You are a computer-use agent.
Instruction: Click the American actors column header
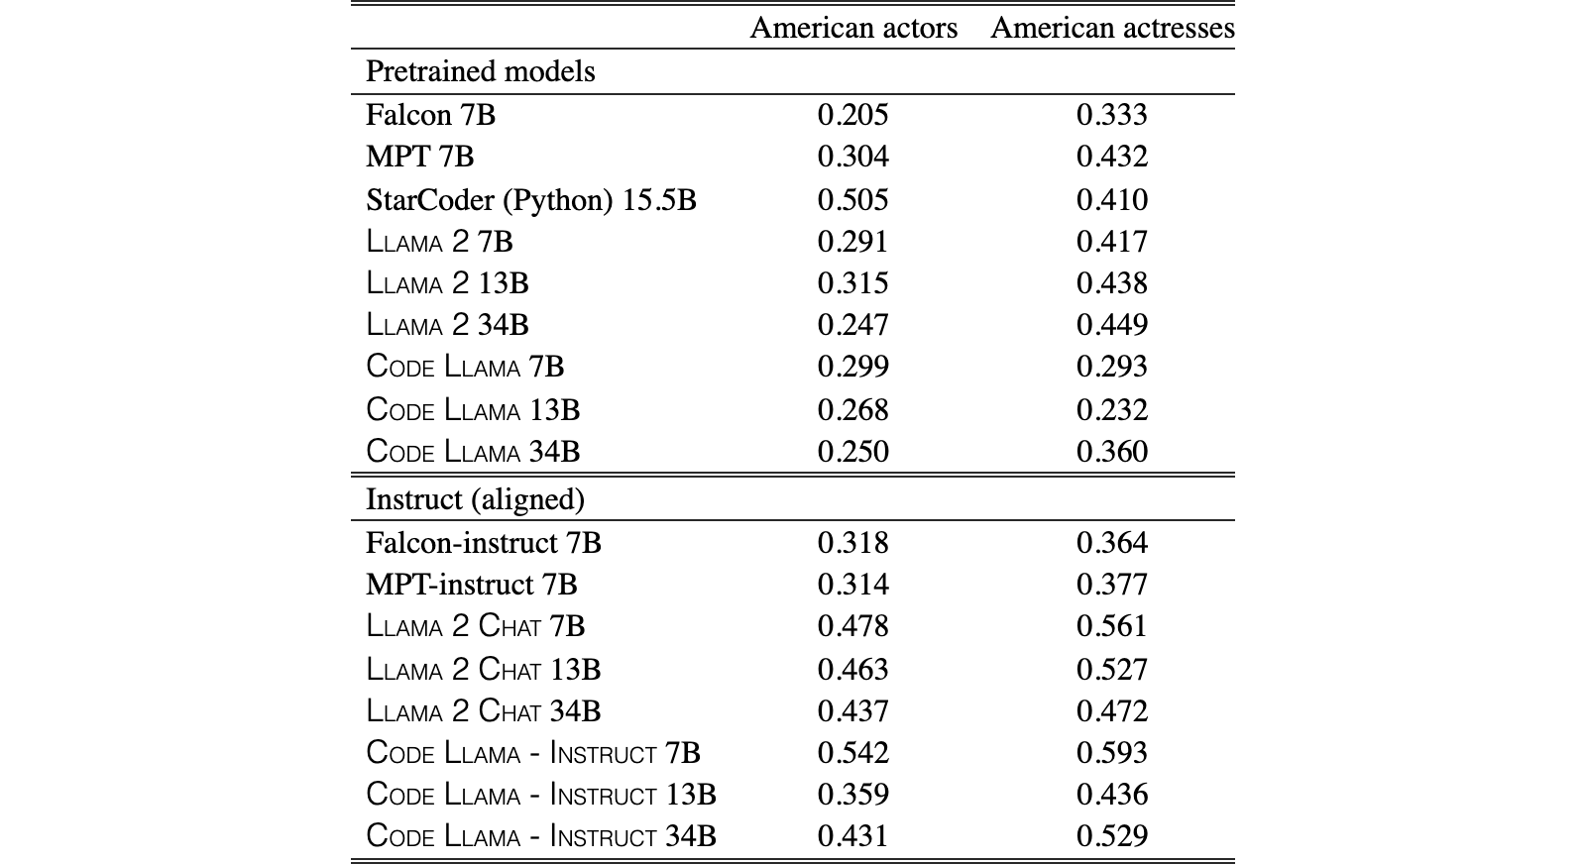pos(853,28)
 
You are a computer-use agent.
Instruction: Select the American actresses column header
pos(1112,28)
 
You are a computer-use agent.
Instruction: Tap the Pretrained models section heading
pos(480,71)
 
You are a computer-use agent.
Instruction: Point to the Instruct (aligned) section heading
pos(475,499)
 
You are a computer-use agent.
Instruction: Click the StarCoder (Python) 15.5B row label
pos(531,199)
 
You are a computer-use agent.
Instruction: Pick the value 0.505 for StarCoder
pos(852,199)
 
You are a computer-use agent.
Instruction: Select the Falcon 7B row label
pos(430,115)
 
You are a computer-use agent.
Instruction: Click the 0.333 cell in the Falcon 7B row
pos(1111,115)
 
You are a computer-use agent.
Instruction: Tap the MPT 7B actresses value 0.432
pos(1111,157)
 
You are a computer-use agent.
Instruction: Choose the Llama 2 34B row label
pos(447,325)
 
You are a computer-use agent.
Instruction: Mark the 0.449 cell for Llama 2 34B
pos(1111,325)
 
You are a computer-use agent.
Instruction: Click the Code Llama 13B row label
pos(473,410)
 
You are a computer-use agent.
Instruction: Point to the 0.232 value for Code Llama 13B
pos(1111,410)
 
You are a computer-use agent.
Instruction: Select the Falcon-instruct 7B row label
pos(483,543)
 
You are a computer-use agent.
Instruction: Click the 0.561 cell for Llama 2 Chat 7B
pos(1111,626)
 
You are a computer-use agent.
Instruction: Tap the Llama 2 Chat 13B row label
pos(483,670)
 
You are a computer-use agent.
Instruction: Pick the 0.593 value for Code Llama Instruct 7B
pos(1111,752)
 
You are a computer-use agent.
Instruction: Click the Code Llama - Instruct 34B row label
pos(541,835)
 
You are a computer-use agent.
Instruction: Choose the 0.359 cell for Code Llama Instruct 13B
pos(852,794)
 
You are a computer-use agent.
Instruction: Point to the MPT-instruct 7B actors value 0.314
pos(852,585)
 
